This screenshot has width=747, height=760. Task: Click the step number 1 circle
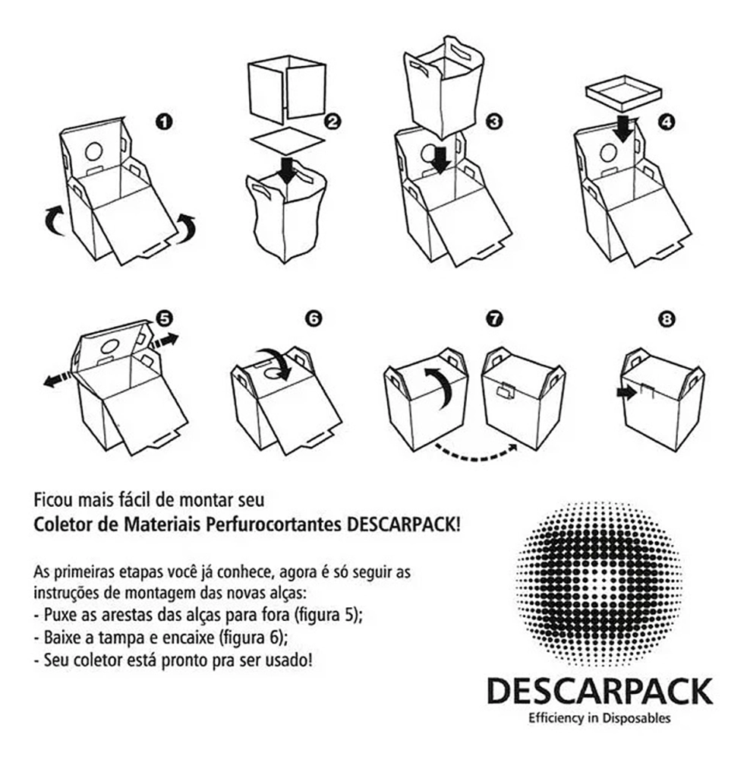(164, 122)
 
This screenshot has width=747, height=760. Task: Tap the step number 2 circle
(332, 121)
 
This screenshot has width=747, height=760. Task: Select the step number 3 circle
(493, 121)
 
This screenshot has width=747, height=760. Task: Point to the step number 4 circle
(667, 122)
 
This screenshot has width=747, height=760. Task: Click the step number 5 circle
(164, 318)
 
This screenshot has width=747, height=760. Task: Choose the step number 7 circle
(493, 318)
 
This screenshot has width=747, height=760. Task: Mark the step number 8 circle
(667, 319)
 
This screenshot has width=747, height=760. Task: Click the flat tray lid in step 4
(623, 92)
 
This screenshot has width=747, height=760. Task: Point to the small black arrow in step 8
(627, 392)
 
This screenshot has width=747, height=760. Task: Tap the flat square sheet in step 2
(288, 141)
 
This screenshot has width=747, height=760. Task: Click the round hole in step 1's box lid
(94, 152)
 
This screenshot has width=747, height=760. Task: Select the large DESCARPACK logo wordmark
(599, 691)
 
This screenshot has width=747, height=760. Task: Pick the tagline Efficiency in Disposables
(599, 718)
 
